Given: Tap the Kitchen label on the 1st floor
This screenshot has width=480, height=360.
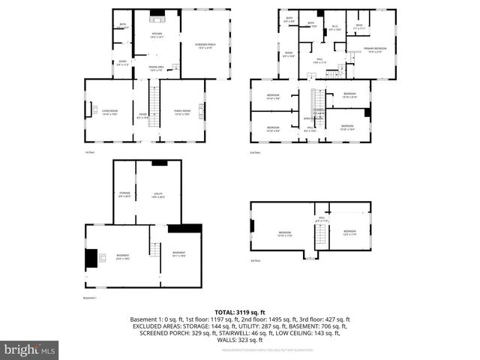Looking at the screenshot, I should (157, 35).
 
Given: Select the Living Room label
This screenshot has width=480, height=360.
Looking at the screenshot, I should (110, 113).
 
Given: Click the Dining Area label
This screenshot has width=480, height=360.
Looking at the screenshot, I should (157, 69).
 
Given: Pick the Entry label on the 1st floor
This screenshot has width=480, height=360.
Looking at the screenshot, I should (123, 64).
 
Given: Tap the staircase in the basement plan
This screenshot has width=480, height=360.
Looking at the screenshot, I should (156, 256).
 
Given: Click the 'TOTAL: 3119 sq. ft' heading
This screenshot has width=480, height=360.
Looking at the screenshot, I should (239, 311).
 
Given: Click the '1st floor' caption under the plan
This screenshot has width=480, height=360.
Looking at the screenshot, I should (89, 153).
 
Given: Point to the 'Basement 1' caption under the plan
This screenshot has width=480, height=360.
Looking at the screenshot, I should (91, 298).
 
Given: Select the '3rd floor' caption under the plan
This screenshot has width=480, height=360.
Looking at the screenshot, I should (256, 260).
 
